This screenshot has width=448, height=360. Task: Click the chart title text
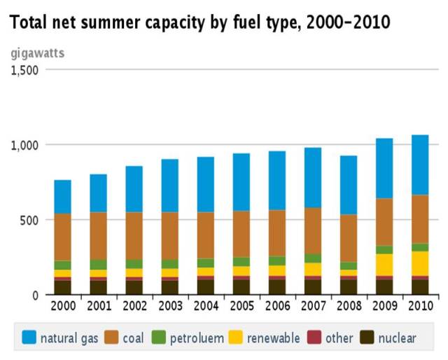click(199, 23)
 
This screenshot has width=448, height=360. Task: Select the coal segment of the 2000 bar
click(63, 237)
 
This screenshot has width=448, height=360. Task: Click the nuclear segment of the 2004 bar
click(205, 286)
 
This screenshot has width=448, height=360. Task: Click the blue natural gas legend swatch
click(29, 338)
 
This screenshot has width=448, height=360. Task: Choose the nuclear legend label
click(397, 338)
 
